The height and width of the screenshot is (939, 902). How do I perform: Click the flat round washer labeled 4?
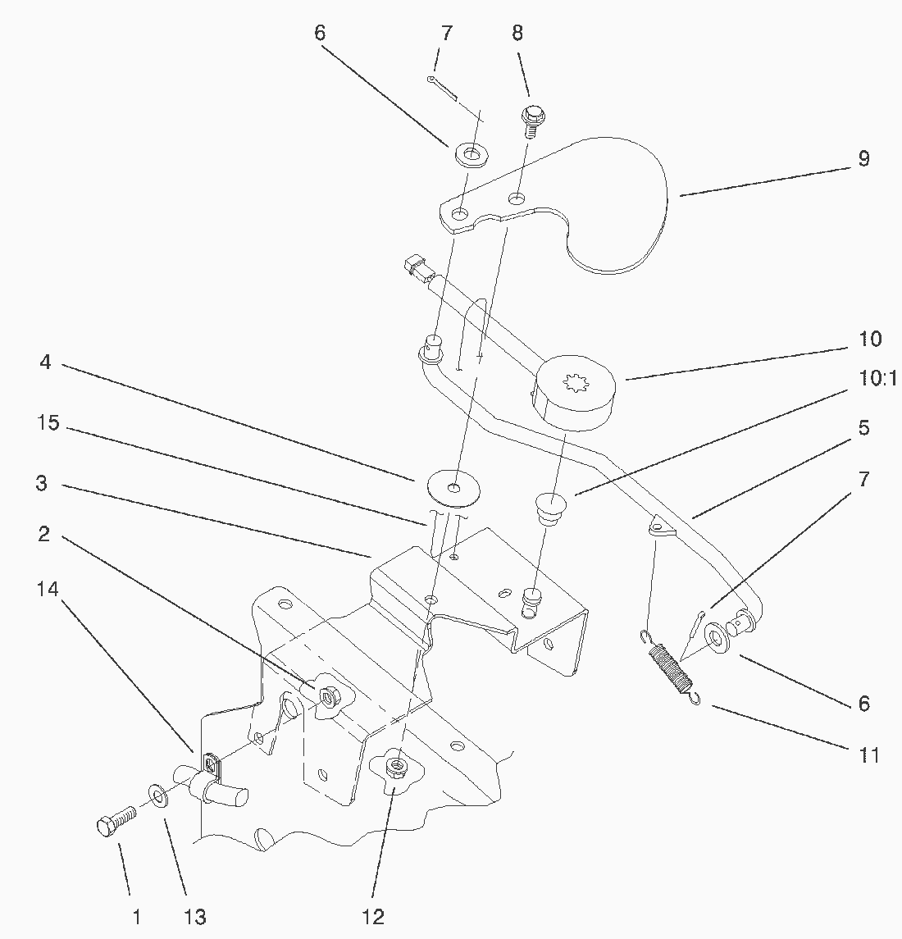[453, 486]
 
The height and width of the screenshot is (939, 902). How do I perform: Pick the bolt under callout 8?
[531, 120]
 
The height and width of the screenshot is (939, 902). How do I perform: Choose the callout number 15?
[49, 423]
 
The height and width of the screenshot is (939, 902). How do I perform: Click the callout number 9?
[863, 158]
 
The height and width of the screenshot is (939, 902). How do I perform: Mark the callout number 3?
[42, 484]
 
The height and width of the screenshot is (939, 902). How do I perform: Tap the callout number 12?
[371, 915]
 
